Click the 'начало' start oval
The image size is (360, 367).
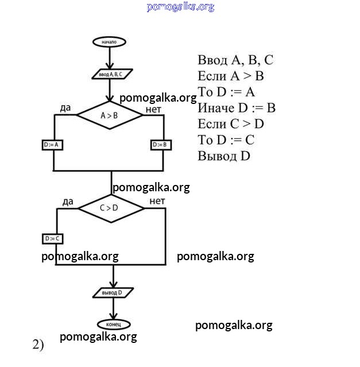(109, 42)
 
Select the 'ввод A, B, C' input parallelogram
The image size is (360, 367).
(111, 74)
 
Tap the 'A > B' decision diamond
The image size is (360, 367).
(110, 115)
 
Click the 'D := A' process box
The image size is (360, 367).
(53, 145)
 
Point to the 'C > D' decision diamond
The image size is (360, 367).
(110, 208)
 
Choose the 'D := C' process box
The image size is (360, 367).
(53, 238)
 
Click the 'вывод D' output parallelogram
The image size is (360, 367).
(113, 293)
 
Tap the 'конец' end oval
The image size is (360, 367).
(113, 324)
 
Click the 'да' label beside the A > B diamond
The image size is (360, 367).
(65, 108)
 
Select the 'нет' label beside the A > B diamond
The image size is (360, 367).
(153, 108)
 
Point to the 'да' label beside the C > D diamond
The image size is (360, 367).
(68, 201)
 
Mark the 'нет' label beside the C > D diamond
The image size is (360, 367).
(157, 201)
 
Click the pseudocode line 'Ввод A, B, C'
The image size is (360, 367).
(235, 60)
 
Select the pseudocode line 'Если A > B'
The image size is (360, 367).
(231, 76)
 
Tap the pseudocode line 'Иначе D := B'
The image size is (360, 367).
(237, 108)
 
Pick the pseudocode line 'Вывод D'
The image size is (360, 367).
(224, 156)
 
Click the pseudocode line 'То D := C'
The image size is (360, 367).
(226, 140)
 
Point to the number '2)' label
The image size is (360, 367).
(38, 345)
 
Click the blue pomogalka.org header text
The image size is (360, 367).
(180, 7)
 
